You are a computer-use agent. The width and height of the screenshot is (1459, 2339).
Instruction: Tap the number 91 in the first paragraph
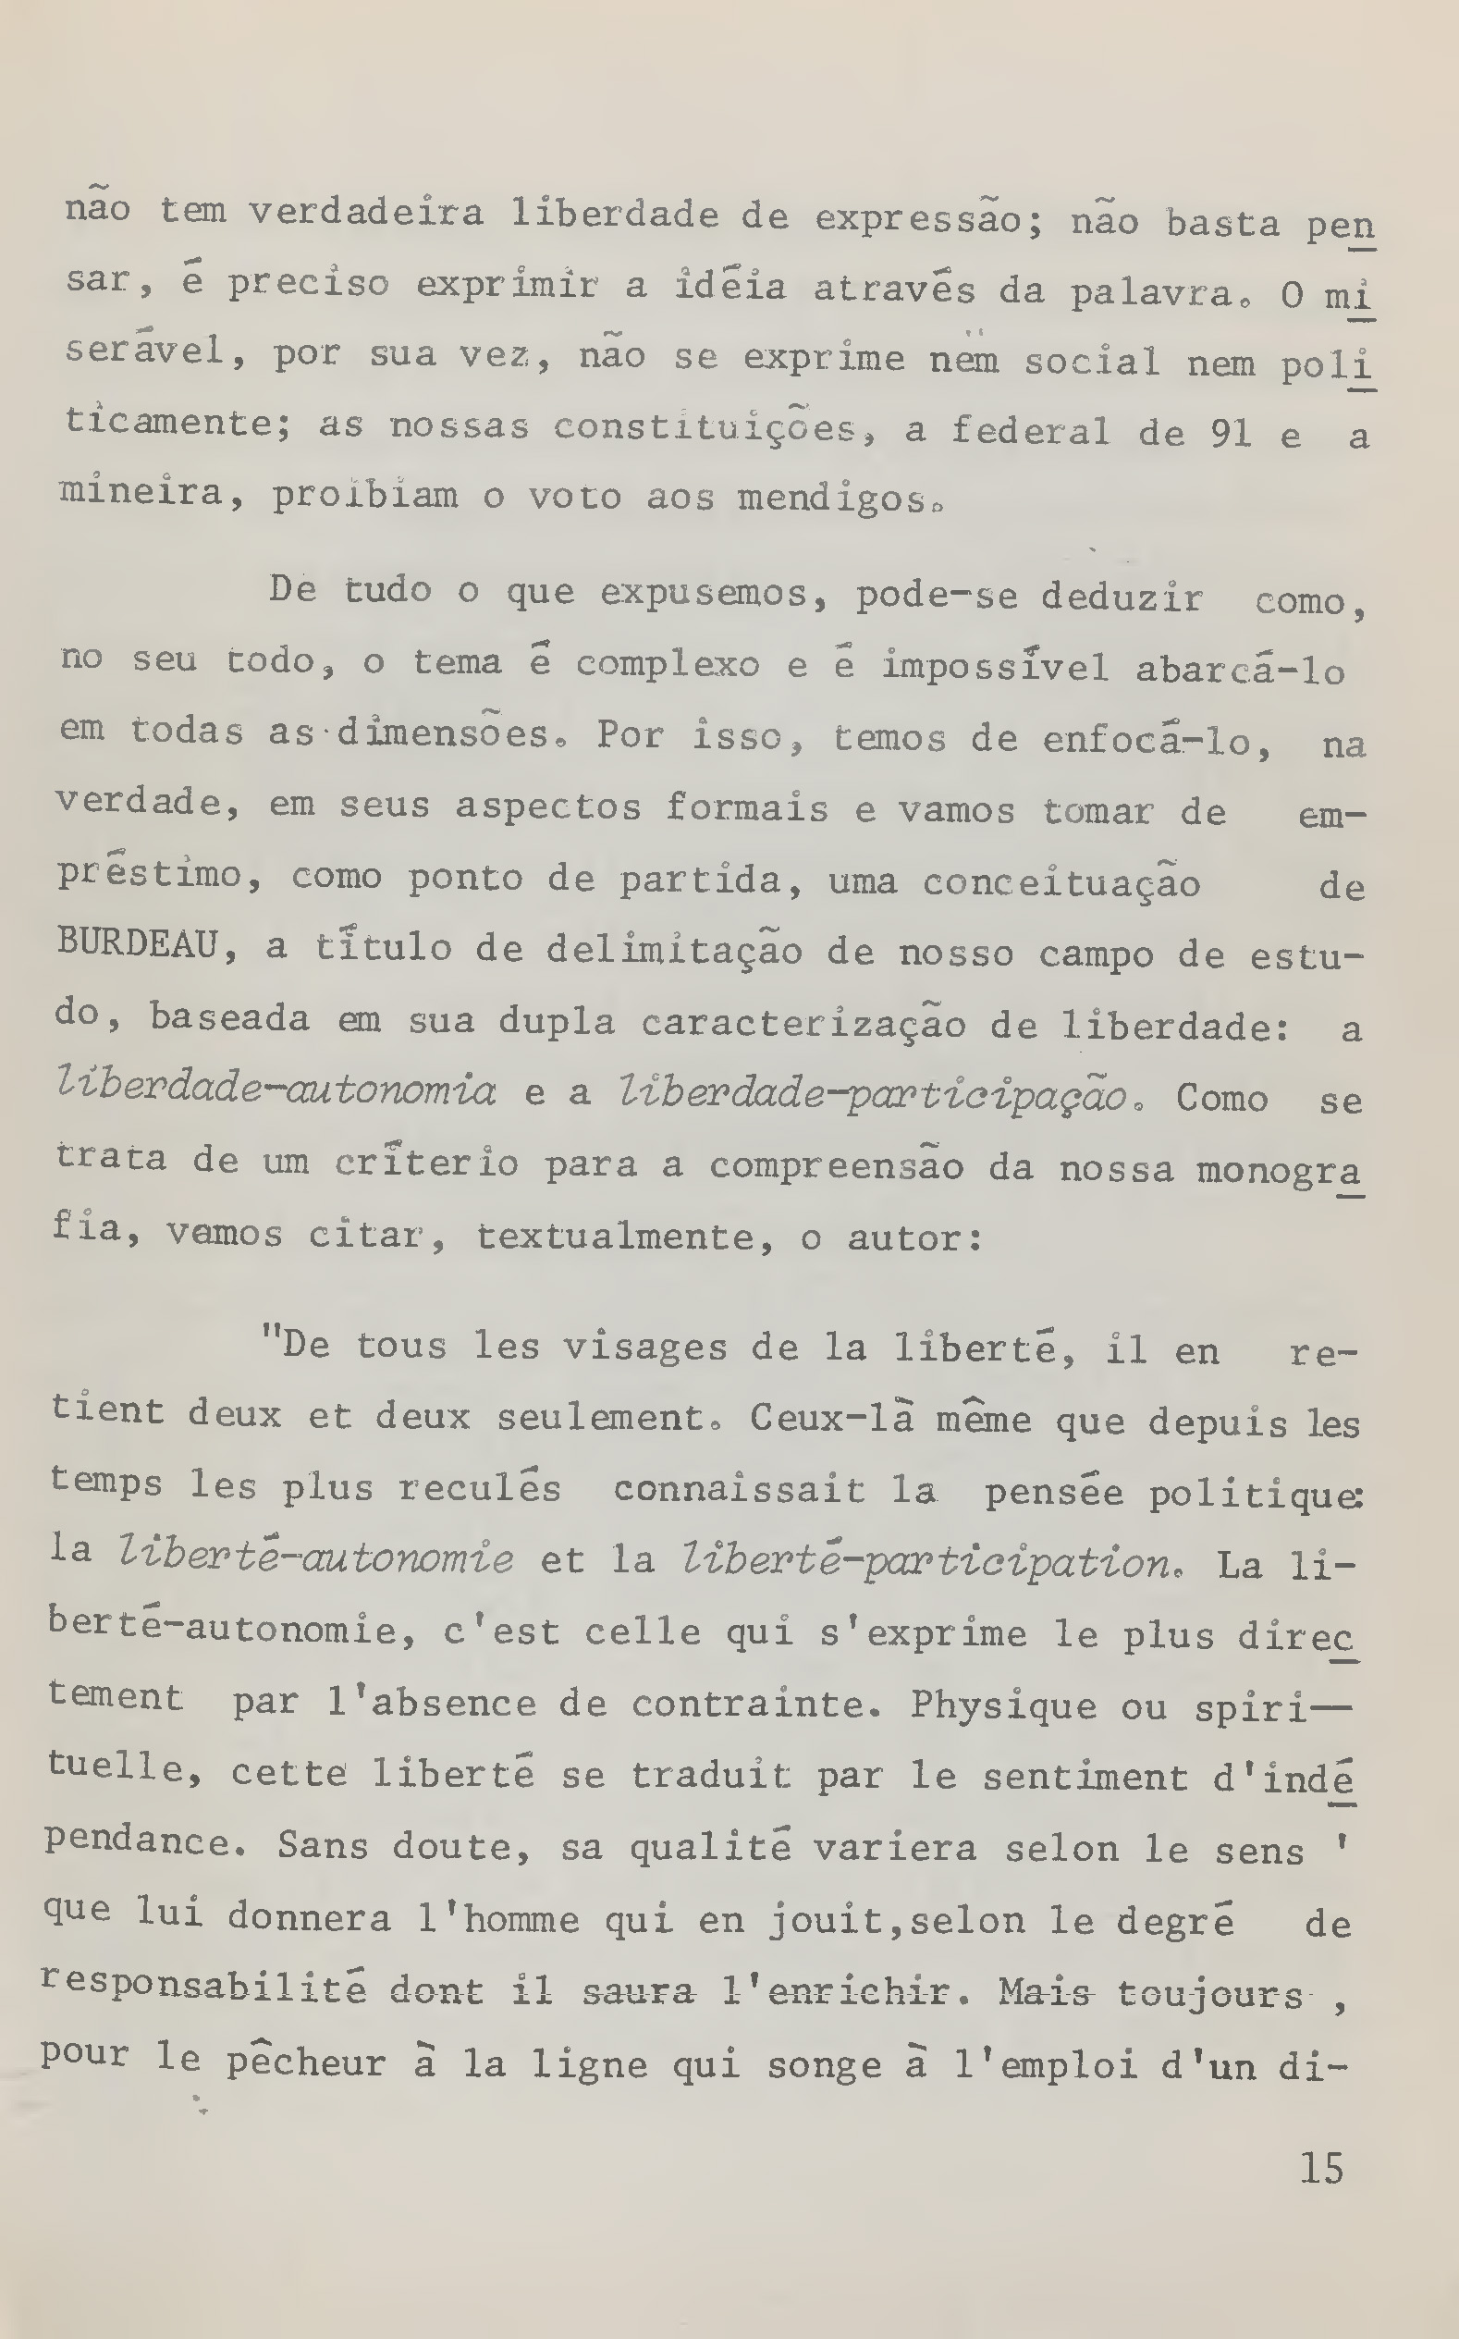(1231, 433)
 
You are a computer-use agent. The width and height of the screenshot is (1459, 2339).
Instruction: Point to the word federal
(1030, 430)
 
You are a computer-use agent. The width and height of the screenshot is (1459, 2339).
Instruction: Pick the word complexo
(667, 665)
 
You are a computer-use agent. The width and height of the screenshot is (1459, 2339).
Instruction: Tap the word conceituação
(1061, 881)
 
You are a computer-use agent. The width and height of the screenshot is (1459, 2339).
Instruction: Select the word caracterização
(803, 1023)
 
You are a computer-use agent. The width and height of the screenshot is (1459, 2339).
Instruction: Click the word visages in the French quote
(644, 1347)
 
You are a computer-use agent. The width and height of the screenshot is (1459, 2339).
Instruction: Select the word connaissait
(738, 1490)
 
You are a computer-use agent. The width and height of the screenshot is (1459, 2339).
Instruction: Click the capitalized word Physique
(1002, 1705)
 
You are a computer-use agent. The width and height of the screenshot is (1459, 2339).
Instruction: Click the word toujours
(1210, 1993)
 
